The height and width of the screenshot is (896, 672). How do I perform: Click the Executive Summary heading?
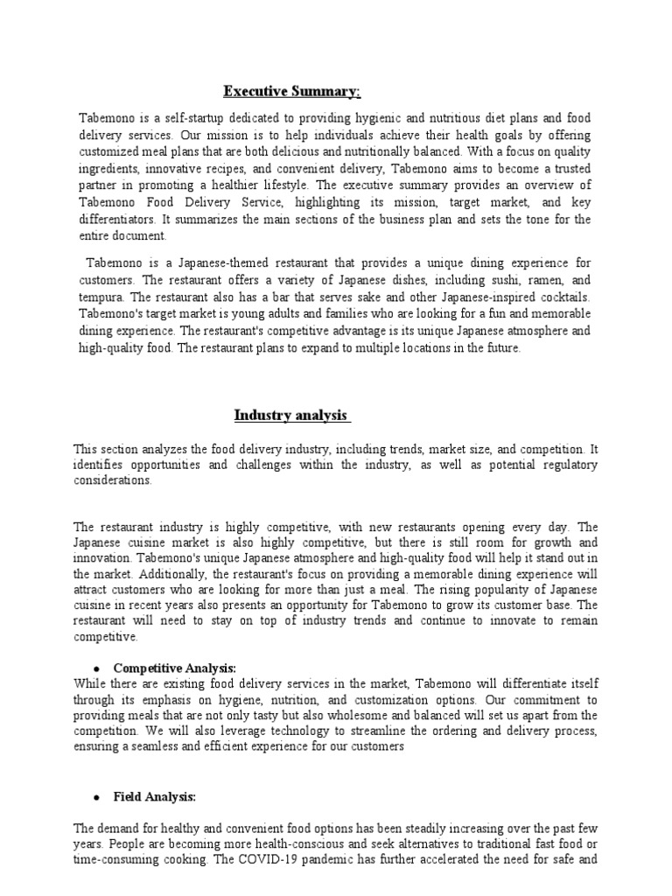(291, 91)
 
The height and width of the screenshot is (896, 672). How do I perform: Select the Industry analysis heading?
(291, 415)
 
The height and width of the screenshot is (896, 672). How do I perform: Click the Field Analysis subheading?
(155, 797)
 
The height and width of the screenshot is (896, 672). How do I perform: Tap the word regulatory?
(569, 465)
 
